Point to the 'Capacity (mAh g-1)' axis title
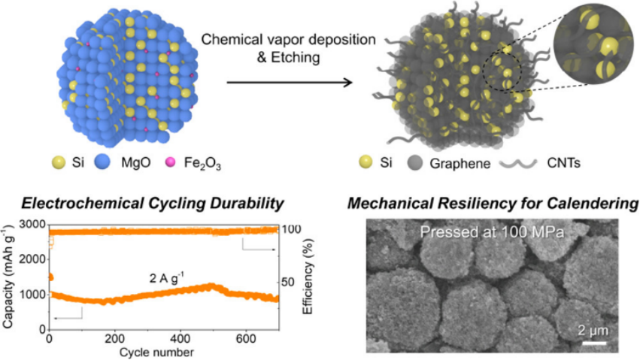(x=9, y=277)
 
